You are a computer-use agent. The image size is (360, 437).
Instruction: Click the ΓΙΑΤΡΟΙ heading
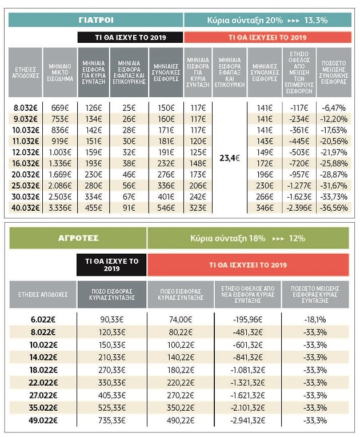tap(96, 20)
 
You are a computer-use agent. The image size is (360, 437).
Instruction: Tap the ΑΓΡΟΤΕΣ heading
tap(78, 238)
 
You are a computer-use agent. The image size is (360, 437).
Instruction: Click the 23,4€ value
tap(230, 158)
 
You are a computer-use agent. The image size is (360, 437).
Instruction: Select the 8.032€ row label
tap(25, 108)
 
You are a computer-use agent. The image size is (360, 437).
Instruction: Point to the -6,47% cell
tap(334, 108)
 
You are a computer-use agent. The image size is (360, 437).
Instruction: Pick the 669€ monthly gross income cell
tap(59, 108)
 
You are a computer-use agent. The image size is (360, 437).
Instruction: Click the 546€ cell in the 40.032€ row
tap(166, 208)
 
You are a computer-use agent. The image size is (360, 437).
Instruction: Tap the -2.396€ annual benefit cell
tap(299, 208)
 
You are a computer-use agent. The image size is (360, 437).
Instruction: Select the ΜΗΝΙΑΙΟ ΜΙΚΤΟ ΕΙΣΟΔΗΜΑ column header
tap(59, 73)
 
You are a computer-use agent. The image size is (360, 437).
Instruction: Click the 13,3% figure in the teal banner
tap(315, 21)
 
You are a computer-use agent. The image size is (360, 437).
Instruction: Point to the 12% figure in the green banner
tap(297, 238)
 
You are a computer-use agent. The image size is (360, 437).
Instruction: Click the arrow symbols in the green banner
tap(278, 239)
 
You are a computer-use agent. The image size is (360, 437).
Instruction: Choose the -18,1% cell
tap(315, 319)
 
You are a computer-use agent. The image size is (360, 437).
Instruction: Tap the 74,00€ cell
tap(181, 319)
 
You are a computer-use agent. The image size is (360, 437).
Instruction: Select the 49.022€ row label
tap(43, 420)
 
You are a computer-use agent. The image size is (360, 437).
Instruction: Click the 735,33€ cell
tap(111, 420)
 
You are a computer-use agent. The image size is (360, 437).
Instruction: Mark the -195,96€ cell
tap(247, 319)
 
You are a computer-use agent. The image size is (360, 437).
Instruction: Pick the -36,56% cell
tap(334, 208)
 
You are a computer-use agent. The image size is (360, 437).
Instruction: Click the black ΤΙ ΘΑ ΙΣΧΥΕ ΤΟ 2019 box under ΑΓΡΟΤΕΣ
tap(111, 264)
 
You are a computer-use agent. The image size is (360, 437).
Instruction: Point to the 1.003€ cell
tap(59, 153)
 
